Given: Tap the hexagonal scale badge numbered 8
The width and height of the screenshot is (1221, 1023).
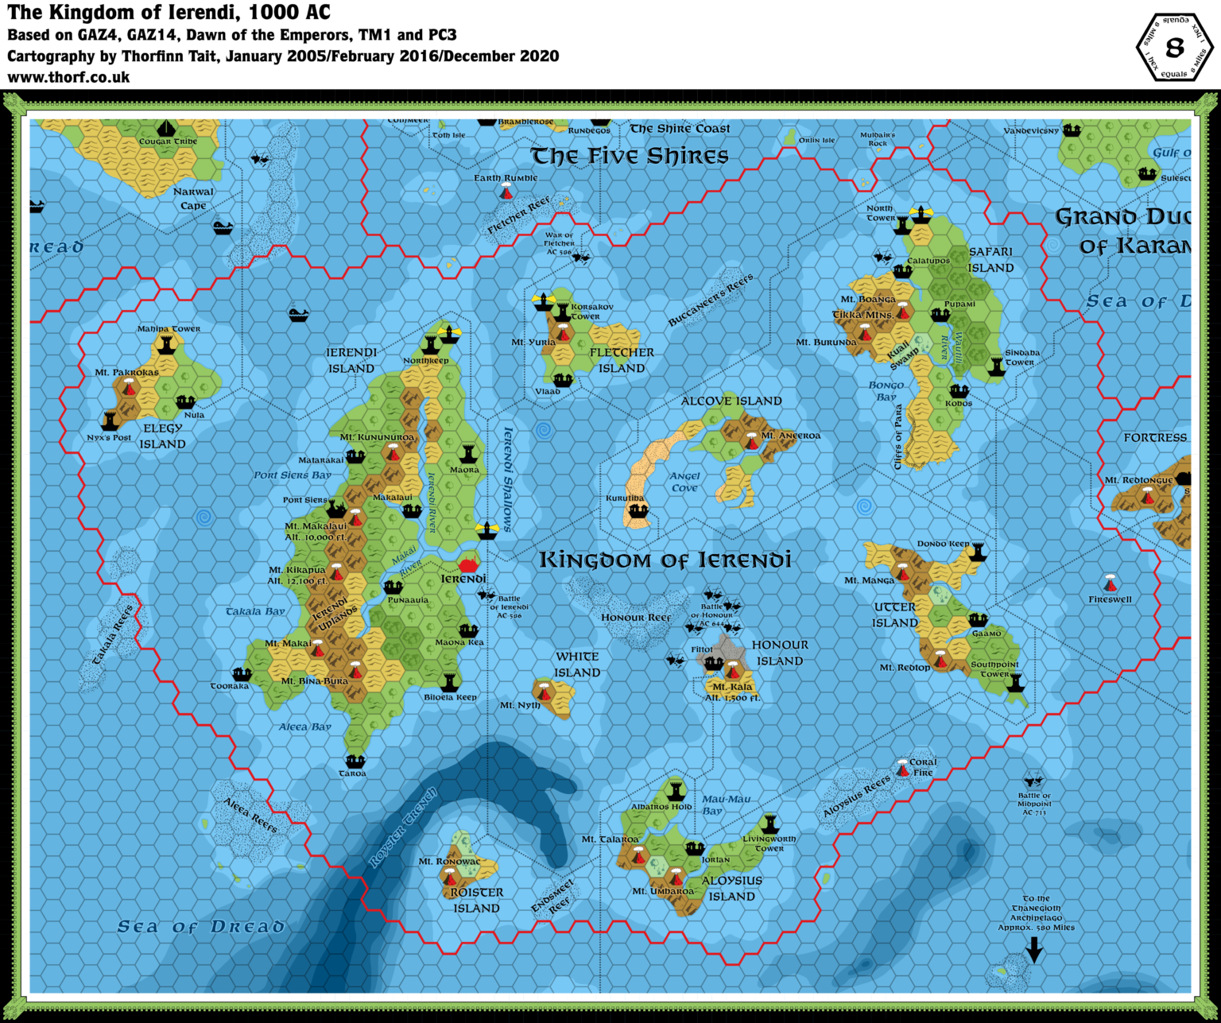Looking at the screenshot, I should (x=1174, y=48).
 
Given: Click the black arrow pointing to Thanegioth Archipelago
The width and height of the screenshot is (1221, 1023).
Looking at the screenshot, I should (x=1033, y=949).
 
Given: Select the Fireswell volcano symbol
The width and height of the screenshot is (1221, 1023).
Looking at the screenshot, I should (x=1111, y=583).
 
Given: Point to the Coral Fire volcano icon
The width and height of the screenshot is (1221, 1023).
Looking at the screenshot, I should (x=902, y=768).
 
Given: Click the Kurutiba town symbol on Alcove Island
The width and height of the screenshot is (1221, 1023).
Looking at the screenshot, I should (x=637, y=511).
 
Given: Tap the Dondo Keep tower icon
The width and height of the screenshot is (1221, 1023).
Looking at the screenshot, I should (x=978, y=552).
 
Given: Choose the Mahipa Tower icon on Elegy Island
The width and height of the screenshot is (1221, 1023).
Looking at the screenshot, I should (x=167, y=344).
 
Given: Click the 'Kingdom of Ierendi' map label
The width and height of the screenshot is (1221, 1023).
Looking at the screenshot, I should (x=665, y=560).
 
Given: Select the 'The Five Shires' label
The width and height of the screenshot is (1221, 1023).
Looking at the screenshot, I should (x=629, y=156).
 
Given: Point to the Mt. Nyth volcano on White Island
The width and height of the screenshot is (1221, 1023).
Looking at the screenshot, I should (x=544, y=690).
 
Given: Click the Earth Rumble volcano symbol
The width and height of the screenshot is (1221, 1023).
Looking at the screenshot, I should (x=506, y=192).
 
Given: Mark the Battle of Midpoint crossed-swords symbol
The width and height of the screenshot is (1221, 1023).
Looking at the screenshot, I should (x=1033, y=780).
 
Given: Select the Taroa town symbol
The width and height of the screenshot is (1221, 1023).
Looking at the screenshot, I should (x=355, y=761).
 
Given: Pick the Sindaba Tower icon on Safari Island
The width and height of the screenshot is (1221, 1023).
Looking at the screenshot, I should (x=997, y=366).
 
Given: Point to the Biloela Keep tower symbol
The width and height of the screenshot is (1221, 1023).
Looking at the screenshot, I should (x=450, y=682).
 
